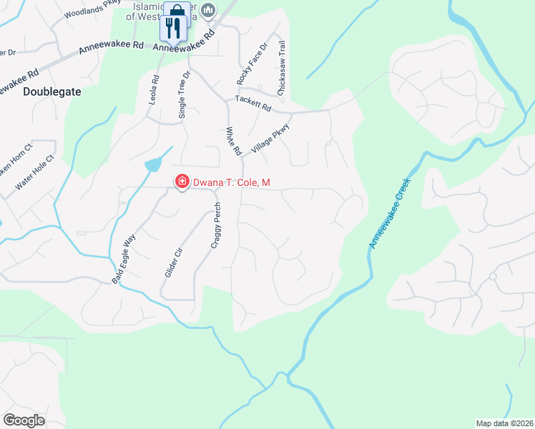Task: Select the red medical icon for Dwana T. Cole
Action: (x=182, y=183)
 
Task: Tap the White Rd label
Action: (x=233, y=142)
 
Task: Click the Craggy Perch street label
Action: (x=217, y=225)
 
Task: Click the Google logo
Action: (x=24, y=420)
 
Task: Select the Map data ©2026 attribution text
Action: (x=504, y=423)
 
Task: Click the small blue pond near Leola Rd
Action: (x=152, y=165)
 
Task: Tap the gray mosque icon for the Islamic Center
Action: (x=208, y=9)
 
